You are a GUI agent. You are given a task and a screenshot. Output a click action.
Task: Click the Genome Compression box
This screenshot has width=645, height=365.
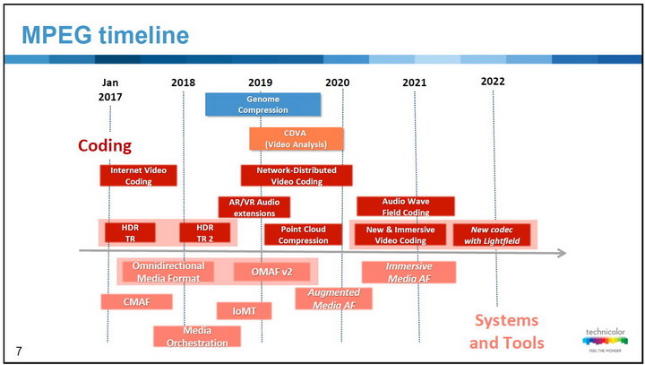(x=262, y=104)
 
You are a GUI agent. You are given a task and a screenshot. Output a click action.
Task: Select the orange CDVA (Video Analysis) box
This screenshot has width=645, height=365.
(x=297, y=139)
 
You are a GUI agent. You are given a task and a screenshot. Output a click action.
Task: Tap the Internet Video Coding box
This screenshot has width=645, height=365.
(x=138, y=176)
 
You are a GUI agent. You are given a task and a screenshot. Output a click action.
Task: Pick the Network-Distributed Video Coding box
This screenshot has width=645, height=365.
(x=297, y=176)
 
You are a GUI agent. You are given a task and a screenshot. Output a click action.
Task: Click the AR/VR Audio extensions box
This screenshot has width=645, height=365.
(x=254, y=207)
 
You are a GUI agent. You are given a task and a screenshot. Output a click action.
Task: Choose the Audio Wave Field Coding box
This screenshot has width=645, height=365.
(x=406, y=206)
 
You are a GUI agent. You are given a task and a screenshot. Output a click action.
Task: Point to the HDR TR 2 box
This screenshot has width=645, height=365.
(x=205, y=233)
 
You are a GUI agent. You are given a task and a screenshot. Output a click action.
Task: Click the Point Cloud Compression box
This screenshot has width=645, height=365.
(x=303, y=234)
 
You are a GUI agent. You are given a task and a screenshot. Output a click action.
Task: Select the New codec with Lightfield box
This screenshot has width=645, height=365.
(x=492, y=235)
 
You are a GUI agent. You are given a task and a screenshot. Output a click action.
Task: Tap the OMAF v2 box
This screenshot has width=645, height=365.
(x=272, y=272)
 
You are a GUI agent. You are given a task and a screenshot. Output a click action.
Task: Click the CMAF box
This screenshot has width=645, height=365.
(x=136, y=302)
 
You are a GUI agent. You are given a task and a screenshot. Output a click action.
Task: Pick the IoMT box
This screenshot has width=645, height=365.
(x=245, y=311)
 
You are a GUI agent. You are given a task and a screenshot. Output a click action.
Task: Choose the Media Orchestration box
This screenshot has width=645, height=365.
(x=197, y=336)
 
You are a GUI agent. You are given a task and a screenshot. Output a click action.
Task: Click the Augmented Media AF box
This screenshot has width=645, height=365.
(x=333, y=299)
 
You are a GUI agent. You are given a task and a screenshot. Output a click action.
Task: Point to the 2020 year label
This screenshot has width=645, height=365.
(x=338, y=83)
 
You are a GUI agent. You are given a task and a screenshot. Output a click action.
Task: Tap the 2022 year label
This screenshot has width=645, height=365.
(x=493, y=82)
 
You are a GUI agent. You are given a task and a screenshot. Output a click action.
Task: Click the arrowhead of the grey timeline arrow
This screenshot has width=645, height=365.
(x=562, y=253)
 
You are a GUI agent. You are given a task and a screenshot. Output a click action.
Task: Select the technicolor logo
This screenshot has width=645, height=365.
(x=605, y=340)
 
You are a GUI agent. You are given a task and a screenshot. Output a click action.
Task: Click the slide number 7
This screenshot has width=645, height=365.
(x=19, y=352)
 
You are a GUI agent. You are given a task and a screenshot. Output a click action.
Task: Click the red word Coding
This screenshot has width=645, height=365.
(x=105, y=145)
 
